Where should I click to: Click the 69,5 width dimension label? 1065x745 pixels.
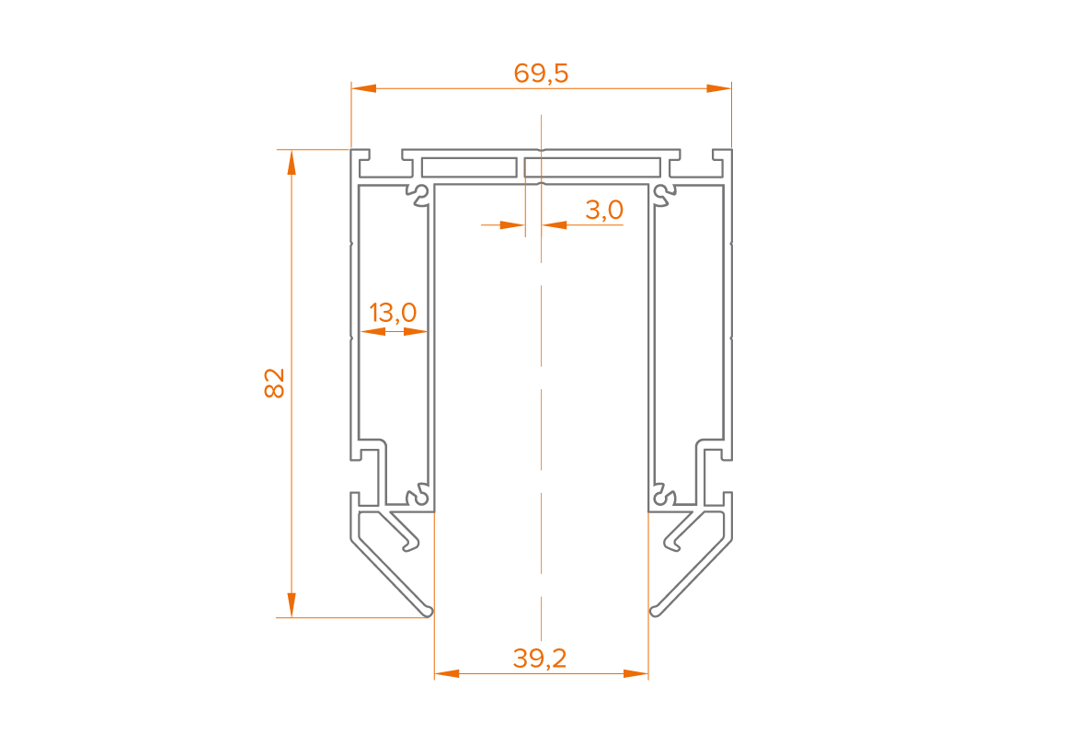541,73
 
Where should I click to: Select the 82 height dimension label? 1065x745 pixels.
274,383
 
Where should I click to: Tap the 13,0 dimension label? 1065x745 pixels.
393,313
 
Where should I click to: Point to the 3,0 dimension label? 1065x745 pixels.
604,210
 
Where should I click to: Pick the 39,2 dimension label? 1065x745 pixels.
540,658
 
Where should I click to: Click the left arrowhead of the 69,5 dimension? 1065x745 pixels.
364,88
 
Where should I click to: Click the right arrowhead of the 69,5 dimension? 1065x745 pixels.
718,88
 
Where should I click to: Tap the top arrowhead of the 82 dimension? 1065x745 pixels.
292,162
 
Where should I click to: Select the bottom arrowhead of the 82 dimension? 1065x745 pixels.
292,604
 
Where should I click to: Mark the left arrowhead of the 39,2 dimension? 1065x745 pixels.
447,673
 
